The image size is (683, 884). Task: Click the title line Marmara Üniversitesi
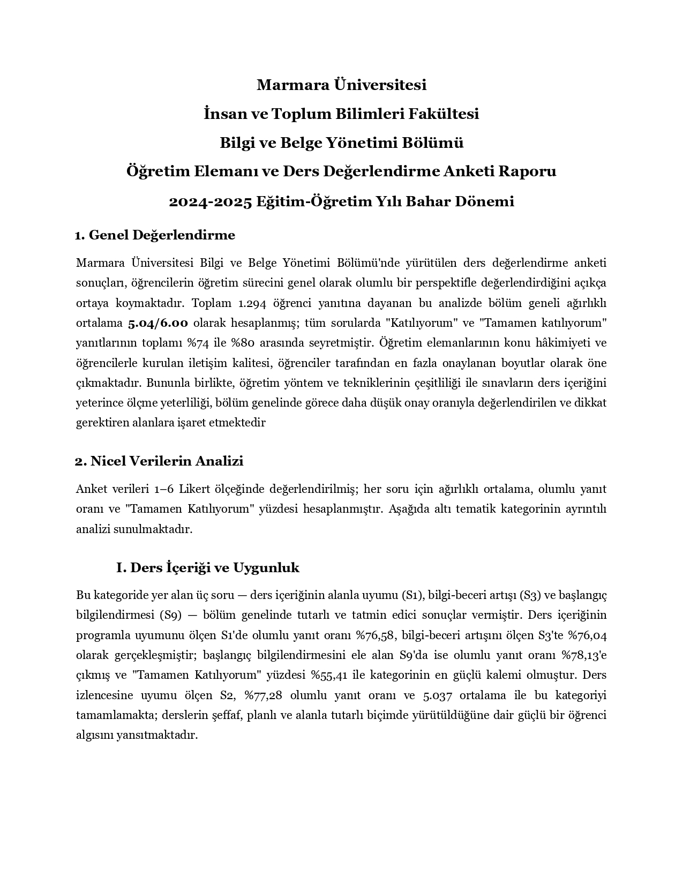(x=341, y=85)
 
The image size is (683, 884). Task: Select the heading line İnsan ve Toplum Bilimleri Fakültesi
(x=341, y=114)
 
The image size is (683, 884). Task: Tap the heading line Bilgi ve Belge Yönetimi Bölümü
(x=341, y=143)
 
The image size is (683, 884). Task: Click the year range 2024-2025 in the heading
(x=210, y=201)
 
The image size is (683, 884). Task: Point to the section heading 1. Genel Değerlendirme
(x=155, y=235)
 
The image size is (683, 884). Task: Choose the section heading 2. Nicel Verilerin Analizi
(x=159, y=461)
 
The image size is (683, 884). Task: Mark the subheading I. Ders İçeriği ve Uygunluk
(x=208, y=567)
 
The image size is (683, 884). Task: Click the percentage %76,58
(x=376, y=635)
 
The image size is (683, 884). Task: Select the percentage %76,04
(x=587, y=635)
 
